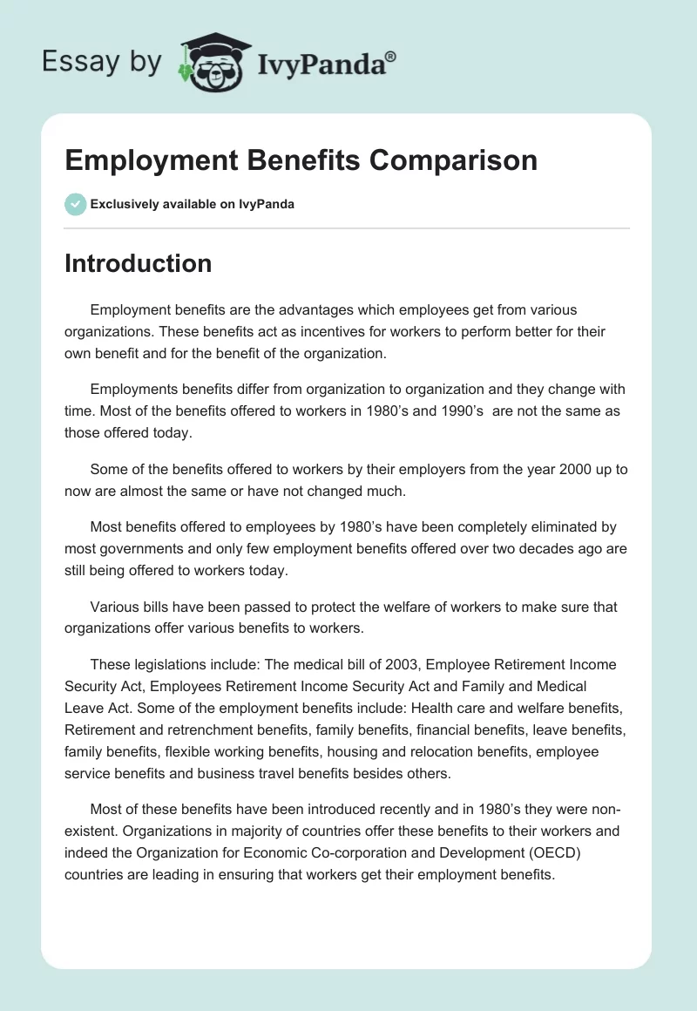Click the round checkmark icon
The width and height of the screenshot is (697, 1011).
(x=75, y=204)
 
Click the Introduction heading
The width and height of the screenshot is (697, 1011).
(x=138, y=263)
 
